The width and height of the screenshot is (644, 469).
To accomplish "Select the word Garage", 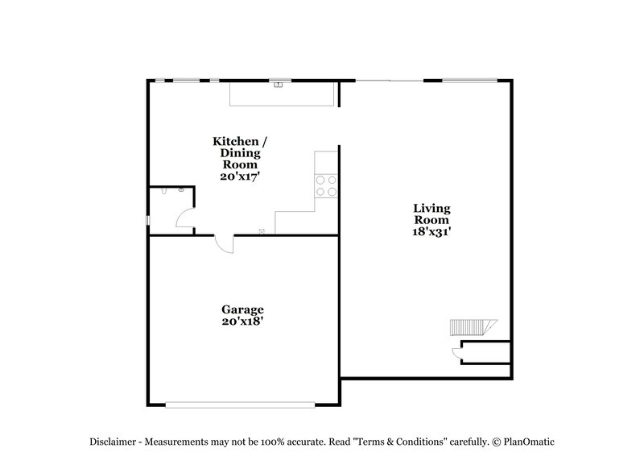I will pos(243,309).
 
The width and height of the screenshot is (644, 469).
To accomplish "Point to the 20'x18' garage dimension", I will pos(243,321).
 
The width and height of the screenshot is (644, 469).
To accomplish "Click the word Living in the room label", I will pos(431,209).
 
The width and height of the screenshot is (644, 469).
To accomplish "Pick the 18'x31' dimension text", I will pos(432,231).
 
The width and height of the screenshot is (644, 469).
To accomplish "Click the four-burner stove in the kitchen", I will pos(326,186).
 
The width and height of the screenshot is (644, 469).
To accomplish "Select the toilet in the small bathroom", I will pos(164,192).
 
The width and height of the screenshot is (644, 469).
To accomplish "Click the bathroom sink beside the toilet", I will pos(182,190).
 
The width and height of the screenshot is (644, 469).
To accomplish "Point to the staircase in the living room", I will pos(469,328).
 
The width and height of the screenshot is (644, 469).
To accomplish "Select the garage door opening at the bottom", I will pos(243,405).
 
